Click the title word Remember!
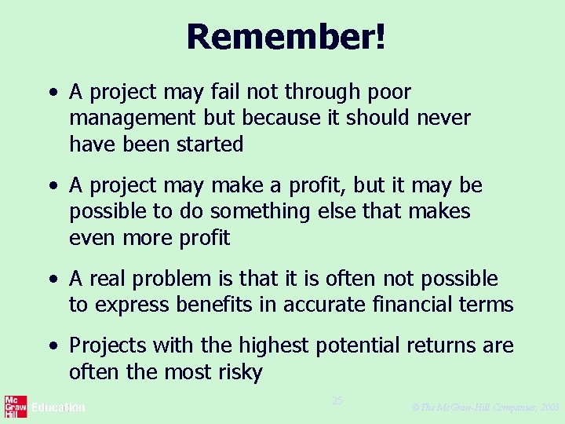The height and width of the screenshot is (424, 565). (286, 37)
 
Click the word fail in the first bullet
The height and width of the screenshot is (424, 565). (224, 93)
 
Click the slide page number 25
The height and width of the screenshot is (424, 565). (337, 401)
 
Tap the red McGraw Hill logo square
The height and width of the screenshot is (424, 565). (16, 408)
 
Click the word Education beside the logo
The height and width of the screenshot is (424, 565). (58, 408)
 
